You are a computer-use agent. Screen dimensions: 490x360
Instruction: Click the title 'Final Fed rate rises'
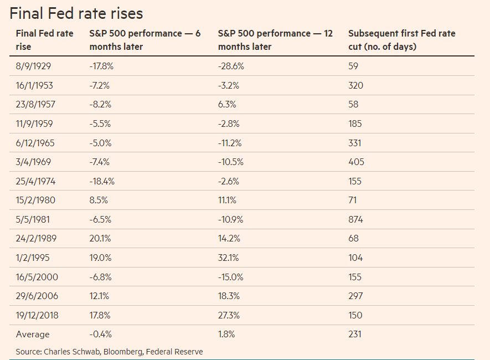76,13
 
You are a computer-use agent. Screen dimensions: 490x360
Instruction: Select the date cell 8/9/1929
33,66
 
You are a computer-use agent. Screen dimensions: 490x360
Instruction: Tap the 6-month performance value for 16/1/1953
99,85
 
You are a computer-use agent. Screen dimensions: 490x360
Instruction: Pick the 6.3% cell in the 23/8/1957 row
227,104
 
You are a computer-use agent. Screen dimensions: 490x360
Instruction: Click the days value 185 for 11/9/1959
355,124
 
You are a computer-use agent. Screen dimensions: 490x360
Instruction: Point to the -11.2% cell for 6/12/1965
230,143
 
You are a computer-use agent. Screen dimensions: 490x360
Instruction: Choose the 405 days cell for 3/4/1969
356,162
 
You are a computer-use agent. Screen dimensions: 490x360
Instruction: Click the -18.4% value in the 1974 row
102,181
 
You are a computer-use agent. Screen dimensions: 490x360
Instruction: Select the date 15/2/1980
35,200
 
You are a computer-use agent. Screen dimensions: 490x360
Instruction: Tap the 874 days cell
355,219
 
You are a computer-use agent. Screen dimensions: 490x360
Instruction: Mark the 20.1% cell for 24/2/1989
100,239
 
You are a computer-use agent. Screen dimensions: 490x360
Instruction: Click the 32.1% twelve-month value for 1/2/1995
229,258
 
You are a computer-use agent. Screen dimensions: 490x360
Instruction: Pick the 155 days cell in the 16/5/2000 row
355,277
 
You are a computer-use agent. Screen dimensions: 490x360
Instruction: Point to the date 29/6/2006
37,296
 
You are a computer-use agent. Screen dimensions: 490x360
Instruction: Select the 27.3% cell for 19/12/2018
229,315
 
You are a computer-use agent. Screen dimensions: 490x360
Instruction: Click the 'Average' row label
33,335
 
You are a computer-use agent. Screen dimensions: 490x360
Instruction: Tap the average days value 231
355,335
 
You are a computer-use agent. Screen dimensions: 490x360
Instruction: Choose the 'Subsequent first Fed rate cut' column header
402,40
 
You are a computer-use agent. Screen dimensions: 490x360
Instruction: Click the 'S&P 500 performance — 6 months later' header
145,40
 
